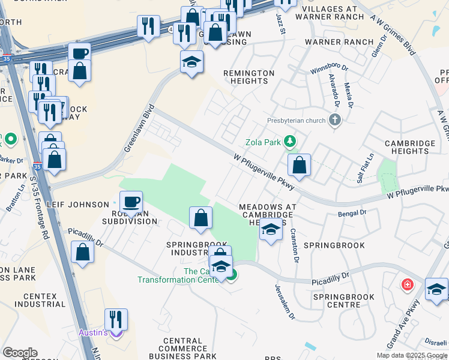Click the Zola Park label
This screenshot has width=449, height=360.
coord(264,142)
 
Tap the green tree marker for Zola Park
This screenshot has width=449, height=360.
coord(290,142)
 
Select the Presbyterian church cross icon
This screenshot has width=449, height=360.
coord(335,120)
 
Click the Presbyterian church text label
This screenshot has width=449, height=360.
coord(297,120)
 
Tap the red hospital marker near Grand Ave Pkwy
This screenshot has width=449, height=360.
coord(408,284)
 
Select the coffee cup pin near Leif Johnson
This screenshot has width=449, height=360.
coord(131,202)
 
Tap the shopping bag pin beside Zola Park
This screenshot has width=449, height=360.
coord(299,165)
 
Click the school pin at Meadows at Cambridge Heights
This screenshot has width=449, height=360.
coord(271,230)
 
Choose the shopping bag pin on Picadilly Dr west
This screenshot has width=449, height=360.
coord(82,252)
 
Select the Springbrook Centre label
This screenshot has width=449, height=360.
coord(343,301)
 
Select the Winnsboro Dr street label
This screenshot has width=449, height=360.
coord(329,68)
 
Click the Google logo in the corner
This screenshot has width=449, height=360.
coord(20,353)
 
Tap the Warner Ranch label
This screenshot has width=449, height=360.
coord(334,42)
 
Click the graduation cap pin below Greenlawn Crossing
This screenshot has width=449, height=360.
coord(191,62)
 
